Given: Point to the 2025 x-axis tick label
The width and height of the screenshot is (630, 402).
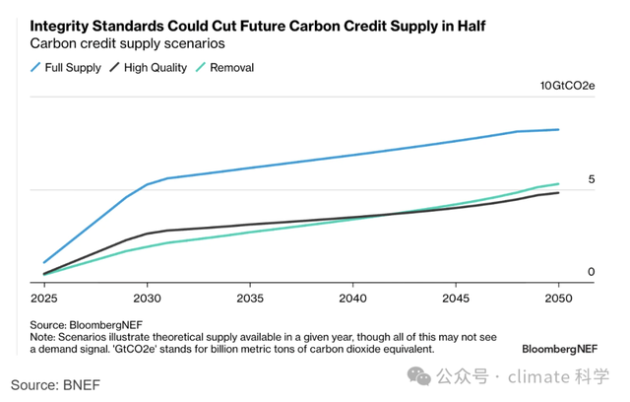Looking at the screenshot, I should (44, 298).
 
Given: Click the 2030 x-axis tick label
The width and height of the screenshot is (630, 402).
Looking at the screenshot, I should (147, 298).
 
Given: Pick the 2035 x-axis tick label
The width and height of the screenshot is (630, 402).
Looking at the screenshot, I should (250, 298).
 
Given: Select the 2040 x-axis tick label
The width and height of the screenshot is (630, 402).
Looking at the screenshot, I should (353, 298).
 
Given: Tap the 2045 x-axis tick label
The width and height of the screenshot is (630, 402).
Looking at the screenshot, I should (457, 298).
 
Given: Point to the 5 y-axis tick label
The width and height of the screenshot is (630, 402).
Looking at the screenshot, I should (592, 179).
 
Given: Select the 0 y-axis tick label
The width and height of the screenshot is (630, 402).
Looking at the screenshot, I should (592, 272).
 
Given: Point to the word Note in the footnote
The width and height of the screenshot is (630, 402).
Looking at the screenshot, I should (45, 336).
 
